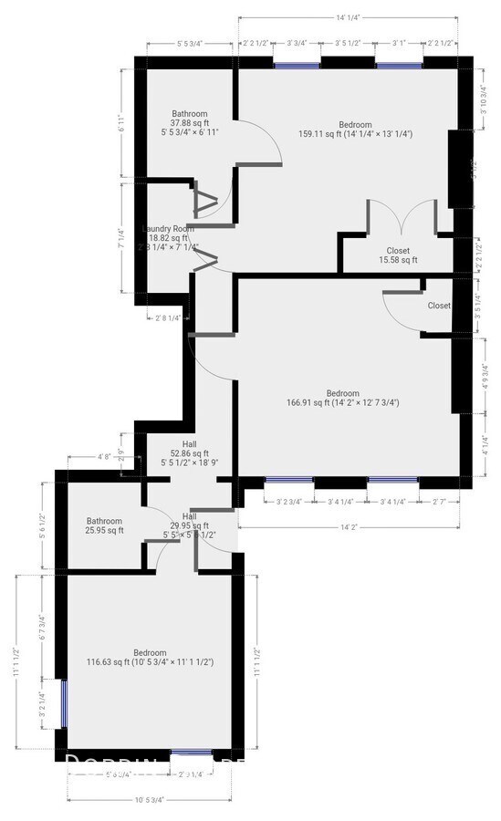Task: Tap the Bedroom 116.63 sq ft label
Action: (150, 657)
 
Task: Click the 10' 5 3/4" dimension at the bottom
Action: (148, 800)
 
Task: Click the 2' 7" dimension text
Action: (442, 501)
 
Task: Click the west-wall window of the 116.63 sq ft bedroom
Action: (63, 701)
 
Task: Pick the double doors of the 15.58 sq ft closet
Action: (402, 217)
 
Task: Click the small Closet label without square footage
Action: (439, 307)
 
